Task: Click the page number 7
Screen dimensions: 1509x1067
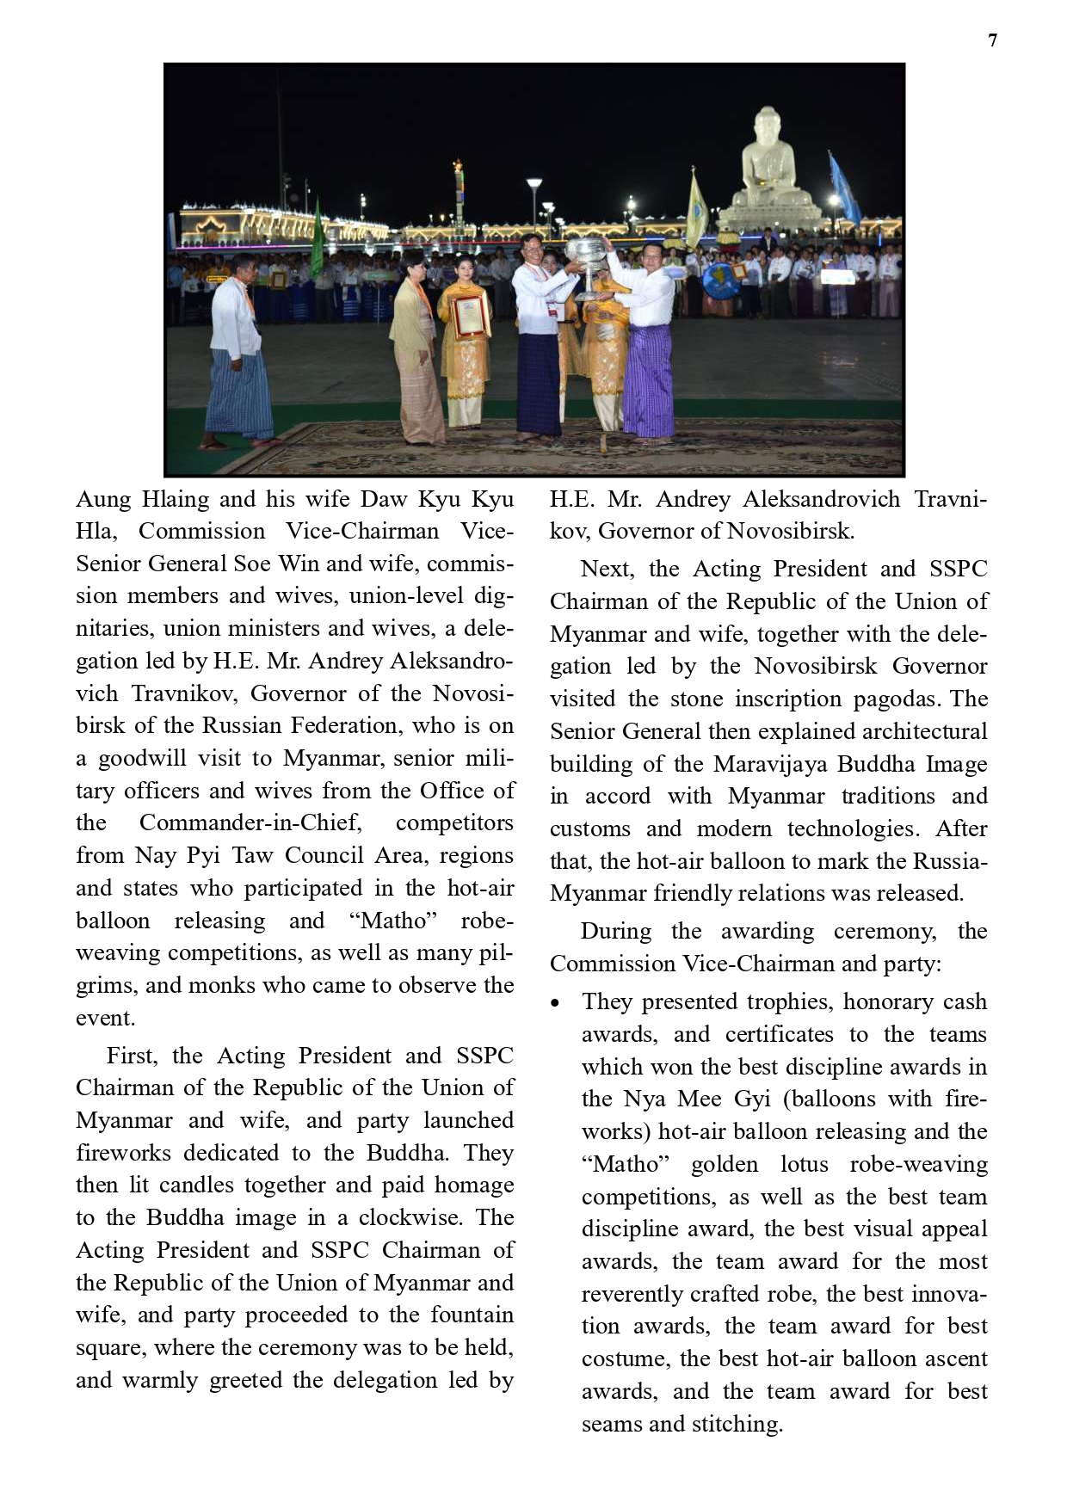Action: pyautogui.click(x=992, y=40)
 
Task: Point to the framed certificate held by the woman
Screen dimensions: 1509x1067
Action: pyautogui.click(x=470, y=316)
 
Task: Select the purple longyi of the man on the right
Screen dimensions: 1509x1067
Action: pyautogui.click(x=650, y=379)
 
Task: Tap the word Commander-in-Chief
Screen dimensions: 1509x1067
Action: pyautogui.click(x=250, y=823)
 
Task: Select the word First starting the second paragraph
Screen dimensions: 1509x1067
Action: pyautogui.click(x=131, y=1056)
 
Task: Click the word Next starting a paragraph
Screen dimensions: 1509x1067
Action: pyautogui.click(x=608, y=570)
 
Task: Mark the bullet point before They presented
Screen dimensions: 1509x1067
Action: pyautogui.click(x=556, y=1003)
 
